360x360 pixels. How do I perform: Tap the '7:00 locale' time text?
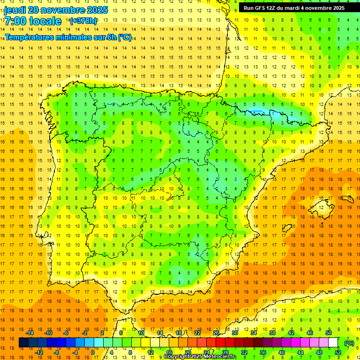pos(33,21)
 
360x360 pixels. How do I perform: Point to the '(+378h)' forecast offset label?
pos(83,21)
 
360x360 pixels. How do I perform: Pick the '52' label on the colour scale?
pos(338,352)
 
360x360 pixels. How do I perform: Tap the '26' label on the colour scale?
pos(216,333)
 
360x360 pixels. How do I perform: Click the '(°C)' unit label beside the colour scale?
pos(349,343)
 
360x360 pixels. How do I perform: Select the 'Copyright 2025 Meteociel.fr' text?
pos(201,357)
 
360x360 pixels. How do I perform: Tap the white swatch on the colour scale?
pos(333,343)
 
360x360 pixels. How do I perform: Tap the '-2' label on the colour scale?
pos(85,333)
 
